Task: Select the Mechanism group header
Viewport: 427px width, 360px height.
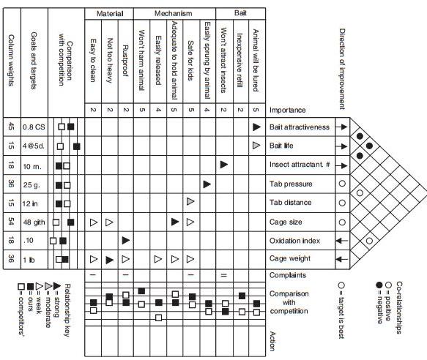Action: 173,13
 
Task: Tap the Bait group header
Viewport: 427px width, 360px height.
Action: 240,13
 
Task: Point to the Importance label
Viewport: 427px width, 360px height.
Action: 287,110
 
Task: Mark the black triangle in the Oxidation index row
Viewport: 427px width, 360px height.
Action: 126,239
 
